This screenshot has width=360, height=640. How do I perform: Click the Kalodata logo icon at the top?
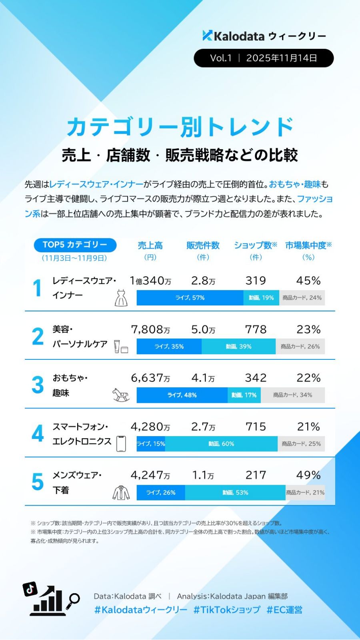[207, 36]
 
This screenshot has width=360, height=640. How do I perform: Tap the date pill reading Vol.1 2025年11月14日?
[264, 58]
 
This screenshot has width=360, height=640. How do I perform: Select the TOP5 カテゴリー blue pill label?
[75, 245]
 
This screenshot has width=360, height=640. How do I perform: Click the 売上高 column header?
[150, 245]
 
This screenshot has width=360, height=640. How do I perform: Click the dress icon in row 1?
[121, 298]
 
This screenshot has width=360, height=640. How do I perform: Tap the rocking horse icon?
[121, 395]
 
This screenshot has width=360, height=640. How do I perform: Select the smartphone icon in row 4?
[121, 443]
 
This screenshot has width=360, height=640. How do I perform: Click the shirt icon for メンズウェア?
[121, 492]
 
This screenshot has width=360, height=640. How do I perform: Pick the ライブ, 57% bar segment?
[190, 298]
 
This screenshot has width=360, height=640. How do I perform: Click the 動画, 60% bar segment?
[221, 444]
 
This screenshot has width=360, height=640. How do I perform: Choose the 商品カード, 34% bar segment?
[292, 395]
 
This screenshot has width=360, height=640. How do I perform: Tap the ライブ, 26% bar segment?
[161, 492]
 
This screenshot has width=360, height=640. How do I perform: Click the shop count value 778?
[256, 329]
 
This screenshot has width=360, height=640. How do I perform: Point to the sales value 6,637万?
[150, 378]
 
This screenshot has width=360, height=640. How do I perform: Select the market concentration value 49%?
[308, 475]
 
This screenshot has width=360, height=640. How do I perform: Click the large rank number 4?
[38, 434]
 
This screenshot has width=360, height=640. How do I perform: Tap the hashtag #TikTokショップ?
[227, 610]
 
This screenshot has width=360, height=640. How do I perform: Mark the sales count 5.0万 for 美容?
[203, 329]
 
